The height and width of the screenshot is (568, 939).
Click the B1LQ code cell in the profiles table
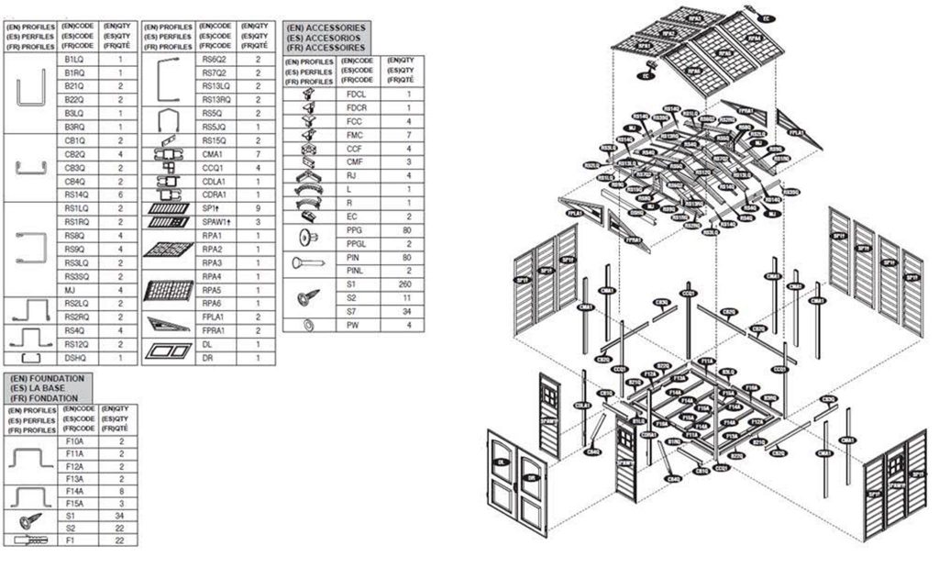coord(74,58)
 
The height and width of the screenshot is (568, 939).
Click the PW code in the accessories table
coord(355,326)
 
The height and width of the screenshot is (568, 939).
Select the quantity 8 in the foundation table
coord(120,491)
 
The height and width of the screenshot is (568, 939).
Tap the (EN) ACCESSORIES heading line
coord(326,28)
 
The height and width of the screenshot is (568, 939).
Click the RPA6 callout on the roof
coord(753,39)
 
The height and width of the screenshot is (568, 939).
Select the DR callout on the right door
coord(530,477)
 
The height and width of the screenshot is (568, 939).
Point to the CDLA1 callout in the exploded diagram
coord(580,406)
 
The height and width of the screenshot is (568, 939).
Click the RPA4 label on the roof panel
coord(693,70)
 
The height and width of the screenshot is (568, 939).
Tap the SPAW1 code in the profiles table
coord(215,221)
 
